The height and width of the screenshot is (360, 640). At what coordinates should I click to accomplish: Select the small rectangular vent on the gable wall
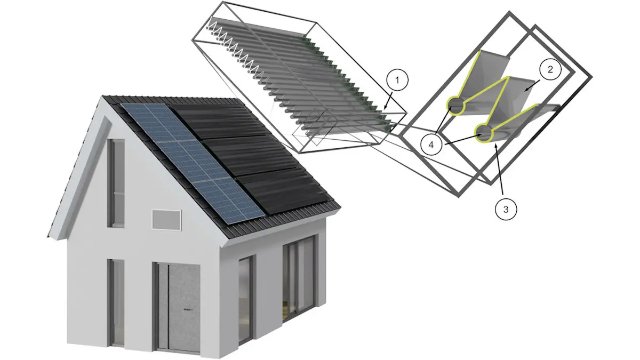coord(167,219)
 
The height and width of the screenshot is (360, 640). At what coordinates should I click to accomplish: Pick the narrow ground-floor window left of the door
coord(116,301)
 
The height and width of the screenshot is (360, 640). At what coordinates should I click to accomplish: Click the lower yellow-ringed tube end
coord(484,132)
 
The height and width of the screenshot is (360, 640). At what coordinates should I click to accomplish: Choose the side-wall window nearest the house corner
coord(245,299)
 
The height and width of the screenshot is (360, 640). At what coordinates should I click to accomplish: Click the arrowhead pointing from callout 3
coord(495,143)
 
